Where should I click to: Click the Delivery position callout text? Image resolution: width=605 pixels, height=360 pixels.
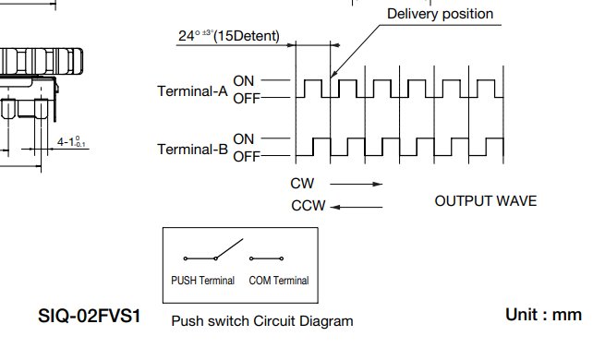pos(441,14)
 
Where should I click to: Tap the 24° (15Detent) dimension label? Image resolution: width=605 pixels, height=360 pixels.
pos(229,36)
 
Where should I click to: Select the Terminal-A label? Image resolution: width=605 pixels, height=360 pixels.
pos(192,91)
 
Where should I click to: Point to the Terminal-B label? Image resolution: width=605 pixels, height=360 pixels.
pos(192,150)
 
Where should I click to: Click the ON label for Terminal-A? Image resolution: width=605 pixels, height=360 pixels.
pos(244,81)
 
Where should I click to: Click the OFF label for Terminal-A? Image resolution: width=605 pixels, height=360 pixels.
pos(247,99)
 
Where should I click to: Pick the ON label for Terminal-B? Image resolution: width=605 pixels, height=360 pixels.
pos(244,139)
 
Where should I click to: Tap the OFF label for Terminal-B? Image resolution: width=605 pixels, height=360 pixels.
pos(247,157)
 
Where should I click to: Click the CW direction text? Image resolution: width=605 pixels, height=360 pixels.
pos(302,184)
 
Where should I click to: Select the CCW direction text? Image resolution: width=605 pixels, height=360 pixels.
pos(309,206)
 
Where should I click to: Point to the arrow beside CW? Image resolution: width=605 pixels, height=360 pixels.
pos(357,185)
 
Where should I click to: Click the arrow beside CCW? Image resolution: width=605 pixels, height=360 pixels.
pos(357,207)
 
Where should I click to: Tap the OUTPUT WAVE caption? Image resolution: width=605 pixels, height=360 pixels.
pos(486,201)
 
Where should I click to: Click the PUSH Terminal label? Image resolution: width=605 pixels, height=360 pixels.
pos(202,281)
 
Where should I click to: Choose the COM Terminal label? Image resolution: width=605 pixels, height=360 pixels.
pos(279,281)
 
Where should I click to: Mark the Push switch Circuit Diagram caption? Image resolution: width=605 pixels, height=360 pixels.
pos(262,321)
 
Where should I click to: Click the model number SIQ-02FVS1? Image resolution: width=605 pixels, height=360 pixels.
pos(89,316)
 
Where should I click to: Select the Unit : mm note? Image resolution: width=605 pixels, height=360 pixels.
pos(544,315)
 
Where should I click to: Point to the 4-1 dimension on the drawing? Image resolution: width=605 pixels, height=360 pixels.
pos(71,142)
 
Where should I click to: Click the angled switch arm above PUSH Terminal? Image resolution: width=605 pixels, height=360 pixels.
pos(229,248)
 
